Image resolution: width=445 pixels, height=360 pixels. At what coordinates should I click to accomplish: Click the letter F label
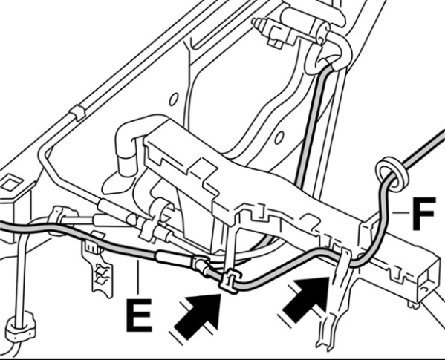point(423,213)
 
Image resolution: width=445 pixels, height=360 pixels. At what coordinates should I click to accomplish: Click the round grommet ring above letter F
point(391,173)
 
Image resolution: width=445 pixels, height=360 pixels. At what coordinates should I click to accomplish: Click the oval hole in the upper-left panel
point(173,99)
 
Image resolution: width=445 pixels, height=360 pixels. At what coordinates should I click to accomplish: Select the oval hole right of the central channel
point(279,138)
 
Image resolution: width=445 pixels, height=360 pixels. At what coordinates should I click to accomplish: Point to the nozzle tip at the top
point(257,23)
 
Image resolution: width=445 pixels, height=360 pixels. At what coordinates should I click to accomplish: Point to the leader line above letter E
point(138,277)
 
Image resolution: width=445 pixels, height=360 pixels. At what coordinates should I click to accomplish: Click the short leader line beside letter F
point(400,212)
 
